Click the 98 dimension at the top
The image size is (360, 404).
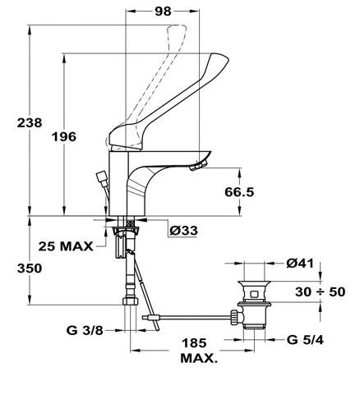point(163,11)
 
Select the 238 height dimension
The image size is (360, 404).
point(30,122)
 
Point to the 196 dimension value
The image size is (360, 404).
point(64,136)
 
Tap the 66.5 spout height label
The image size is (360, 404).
point(239,192)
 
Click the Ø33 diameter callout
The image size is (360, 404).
point(183,231)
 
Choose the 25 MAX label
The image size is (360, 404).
point(66,246)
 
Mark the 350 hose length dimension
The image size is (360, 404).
point(30,269)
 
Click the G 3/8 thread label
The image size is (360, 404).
point(85,330)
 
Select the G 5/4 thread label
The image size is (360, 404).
point(305,340)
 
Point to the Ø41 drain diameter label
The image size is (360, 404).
point(300,264)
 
